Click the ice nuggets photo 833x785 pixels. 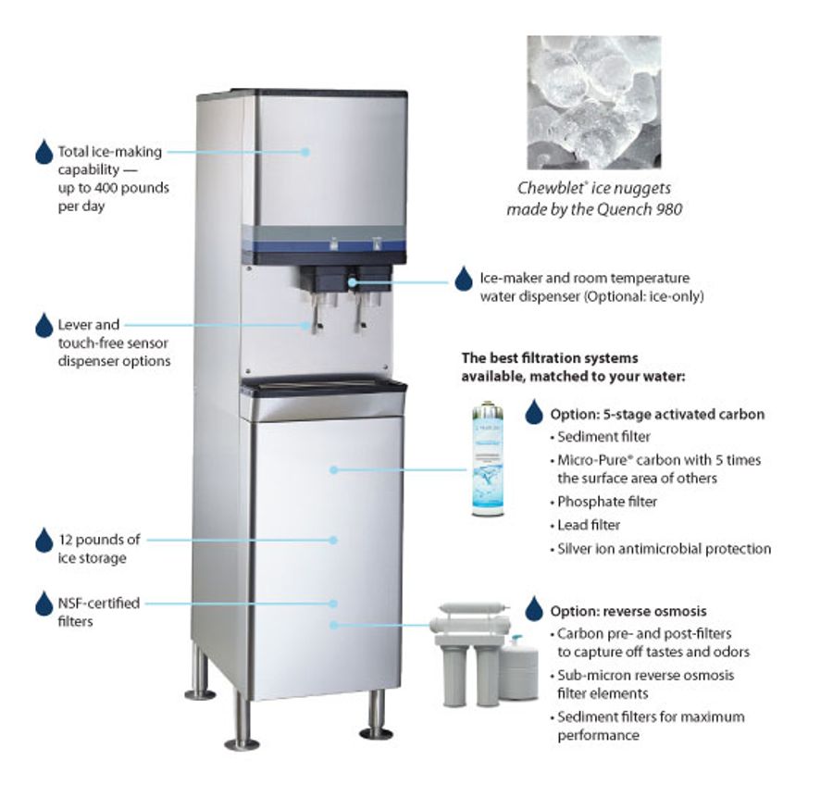tap(593, 102)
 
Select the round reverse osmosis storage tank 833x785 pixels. tap(518, 666)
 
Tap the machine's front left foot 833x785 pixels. tap(241, 727)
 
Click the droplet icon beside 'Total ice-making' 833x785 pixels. tap(44, 152)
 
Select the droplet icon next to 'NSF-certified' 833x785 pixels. tap(44, 604)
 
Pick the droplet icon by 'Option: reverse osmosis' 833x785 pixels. tap(533, 609)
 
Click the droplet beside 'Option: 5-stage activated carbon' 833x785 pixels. tap(533, 412)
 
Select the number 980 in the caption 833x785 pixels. tap(668, 209)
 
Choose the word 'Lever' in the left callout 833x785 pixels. tap(75, 325)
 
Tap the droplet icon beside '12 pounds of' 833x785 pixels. tap(44, 540)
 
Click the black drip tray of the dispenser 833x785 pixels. tap(324, 384)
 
